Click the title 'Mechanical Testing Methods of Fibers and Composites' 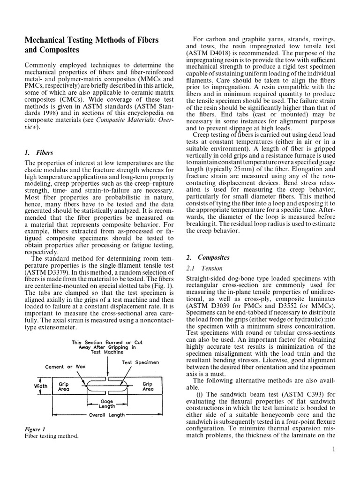91,45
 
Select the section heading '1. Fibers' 38,152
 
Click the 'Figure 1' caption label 35,429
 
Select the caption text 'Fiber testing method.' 51,436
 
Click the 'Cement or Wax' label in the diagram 65,367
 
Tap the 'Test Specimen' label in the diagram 141,362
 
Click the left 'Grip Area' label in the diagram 64,386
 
